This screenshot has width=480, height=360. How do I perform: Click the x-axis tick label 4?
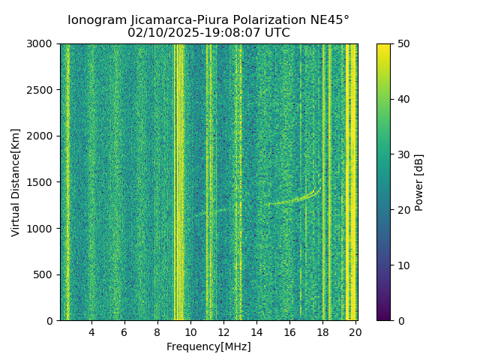[91, 332]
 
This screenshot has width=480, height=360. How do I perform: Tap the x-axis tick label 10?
[190, 332]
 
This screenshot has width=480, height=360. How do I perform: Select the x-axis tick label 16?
[289, 332]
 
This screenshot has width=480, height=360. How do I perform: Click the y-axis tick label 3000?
[41, 44]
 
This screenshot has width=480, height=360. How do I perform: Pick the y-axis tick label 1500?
[41, 182]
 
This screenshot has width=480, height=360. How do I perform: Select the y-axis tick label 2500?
[41, 90]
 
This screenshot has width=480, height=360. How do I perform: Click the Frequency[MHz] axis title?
[208, 346]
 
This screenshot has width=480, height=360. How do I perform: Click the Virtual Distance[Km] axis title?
[16, 182]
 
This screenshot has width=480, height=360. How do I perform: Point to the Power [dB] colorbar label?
[419, 182]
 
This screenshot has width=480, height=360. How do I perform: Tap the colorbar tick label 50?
[403, 44]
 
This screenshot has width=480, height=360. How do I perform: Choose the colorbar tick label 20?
[403, 210]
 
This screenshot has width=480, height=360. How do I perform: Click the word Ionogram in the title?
[96, 20]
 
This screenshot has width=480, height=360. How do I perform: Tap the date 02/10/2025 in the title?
[161, 33]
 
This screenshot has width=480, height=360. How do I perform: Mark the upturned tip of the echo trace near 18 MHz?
[320, 187]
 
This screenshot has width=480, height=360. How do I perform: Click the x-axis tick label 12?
[223, 332]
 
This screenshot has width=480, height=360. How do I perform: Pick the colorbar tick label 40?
[403, 99]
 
